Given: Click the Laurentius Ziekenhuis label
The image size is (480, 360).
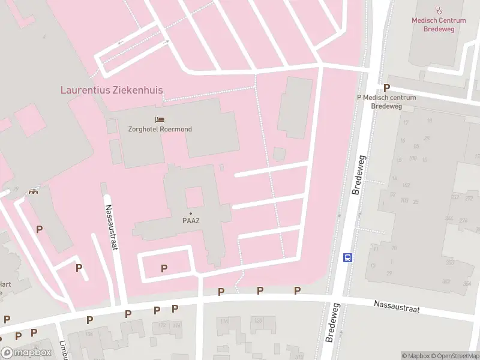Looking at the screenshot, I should (x=112, y=90).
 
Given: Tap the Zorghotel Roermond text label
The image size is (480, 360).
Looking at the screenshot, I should (x=160, y=129).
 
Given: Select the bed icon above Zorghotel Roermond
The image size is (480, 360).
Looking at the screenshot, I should (x=160, y=120).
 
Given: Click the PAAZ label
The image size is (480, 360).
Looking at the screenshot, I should (x=191, y=220).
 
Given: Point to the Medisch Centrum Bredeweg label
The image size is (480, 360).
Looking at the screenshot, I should (x=439, y=24).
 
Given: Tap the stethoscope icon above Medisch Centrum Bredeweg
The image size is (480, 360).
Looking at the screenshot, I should (x=439, y=10).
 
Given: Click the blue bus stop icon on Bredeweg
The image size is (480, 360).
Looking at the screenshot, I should (x=347, y=257).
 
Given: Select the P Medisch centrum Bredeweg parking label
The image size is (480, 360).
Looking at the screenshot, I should (x=386, y=101).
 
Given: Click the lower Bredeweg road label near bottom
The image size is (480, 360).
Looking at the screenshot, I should (x=331, y=322).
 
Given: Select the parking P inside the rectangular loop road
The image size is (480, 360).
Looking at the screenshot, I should (x=164, y=268).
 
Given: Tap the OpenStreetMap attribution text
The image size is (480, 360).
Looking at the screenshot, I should (x=455, y=356).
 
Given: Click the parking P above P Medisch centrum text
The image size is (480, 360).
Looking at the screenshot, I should (x=386, y=88).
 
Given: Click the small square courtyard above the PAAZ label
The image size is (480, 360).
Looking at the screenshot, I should (x=194, y=197).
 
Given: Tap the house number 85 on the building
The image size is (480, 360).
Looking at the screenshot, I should (x=416, y=146).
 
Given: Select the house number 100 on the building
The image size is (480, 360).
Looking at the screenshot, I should (x=412, y=158).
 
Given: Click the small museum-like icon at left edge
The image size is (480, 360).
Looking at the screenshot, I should (x=32, y=191).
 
